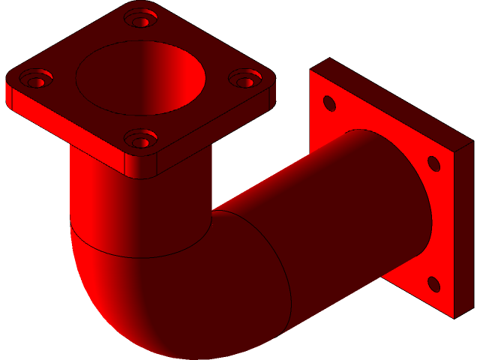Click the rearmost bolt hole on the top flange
(x=141, y=18)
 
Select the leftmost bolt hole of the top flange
(x=35, y=77)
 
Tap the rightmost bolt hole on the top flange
(x=245, y=78)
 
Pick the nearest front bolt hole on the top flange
(x=139, y=138)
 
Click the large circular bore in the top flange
(x=140, y=78)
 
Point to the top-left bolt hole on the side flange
(x=328, y=103)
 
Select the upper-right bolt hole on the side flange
(x=433, y=163)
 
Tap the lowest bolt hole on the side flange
(x=433, y=283)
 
